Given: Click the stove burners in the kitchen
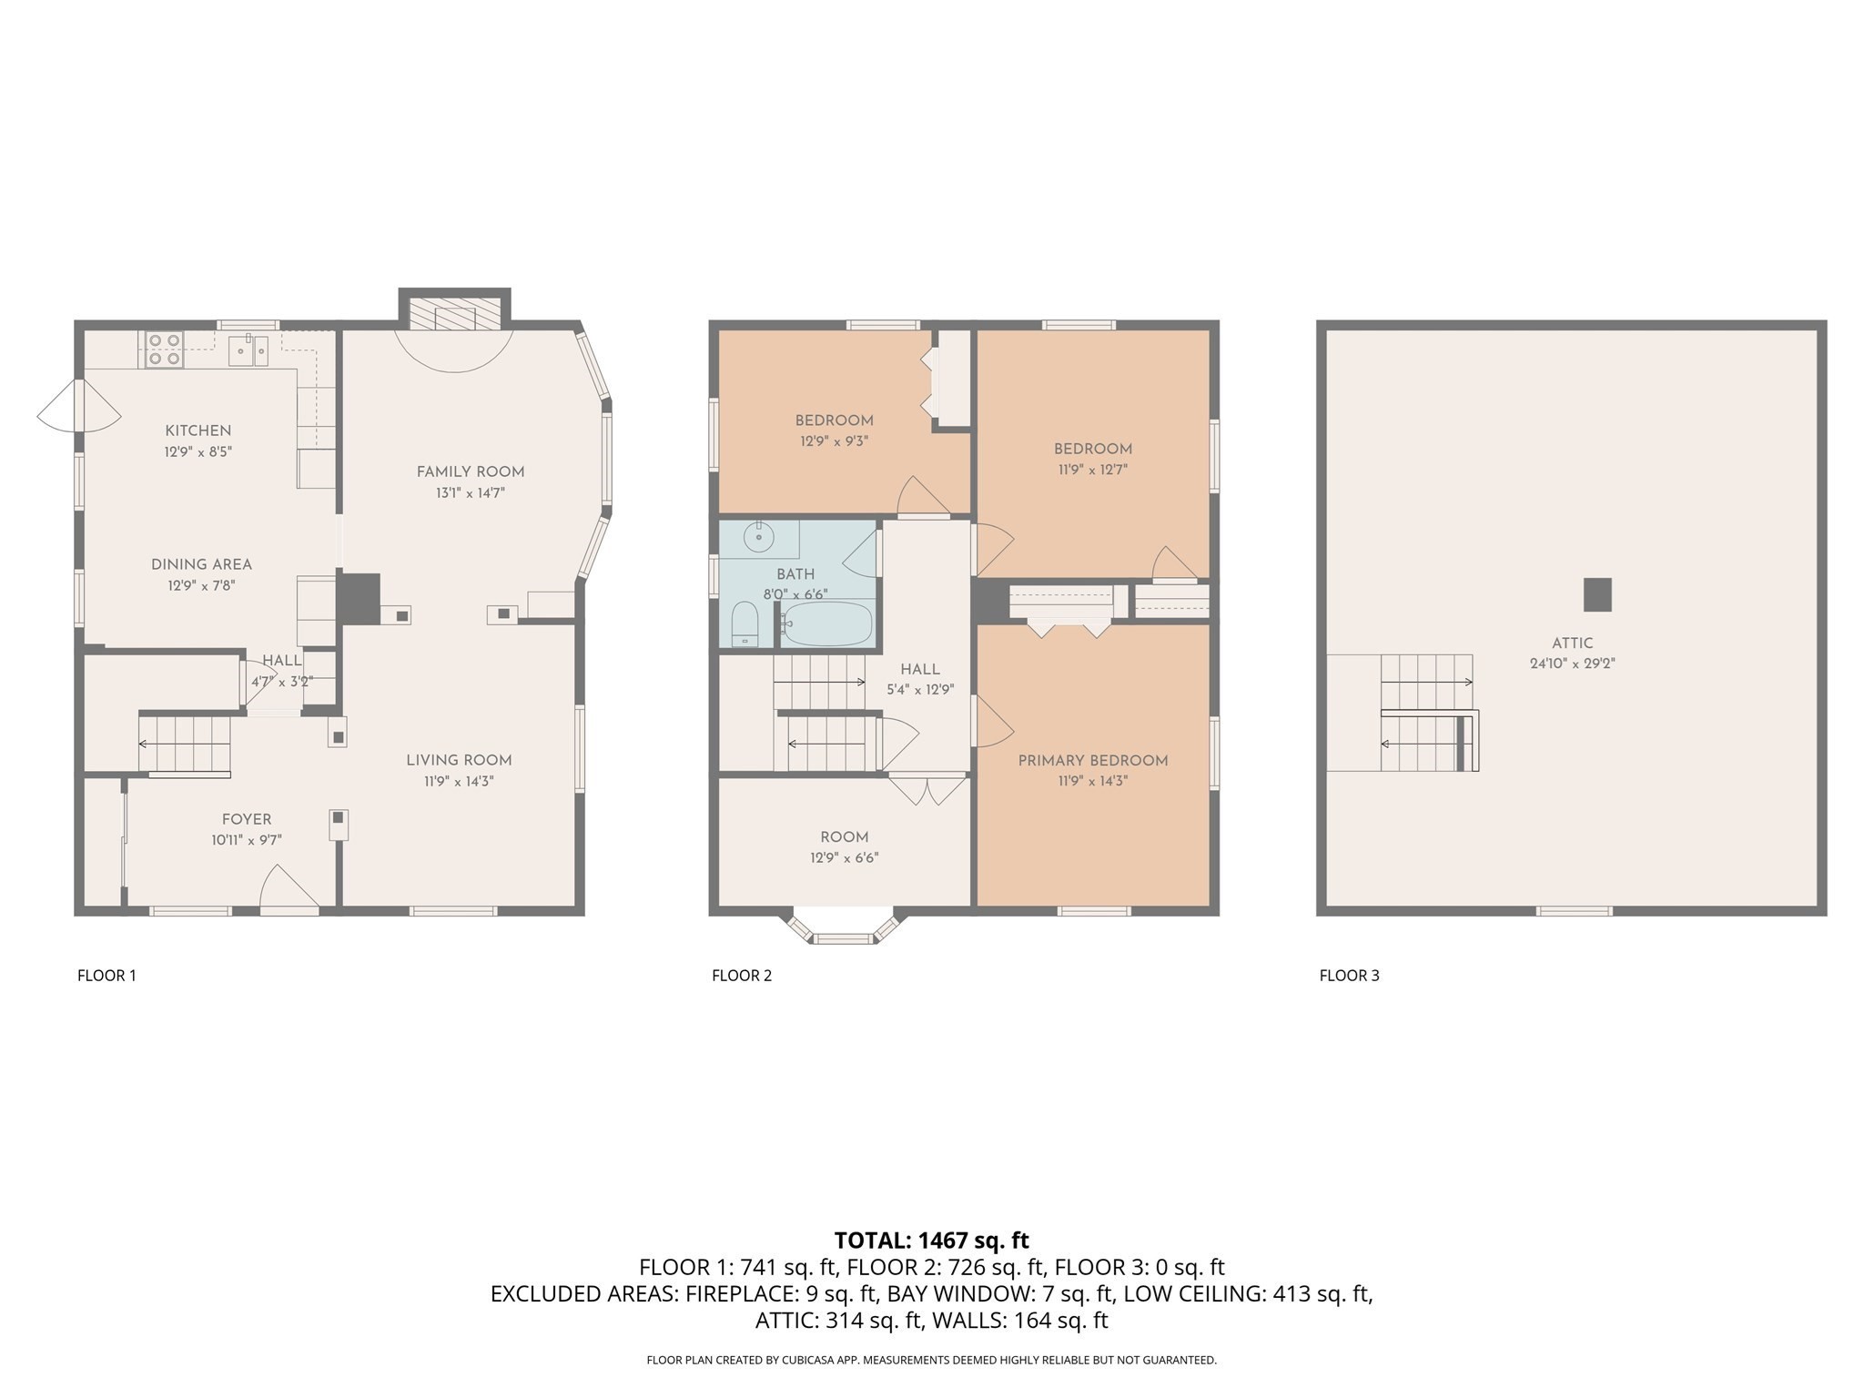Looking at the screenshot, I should [x=163, y=349].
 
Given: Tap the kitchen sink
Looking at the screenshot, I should [x=248, y=349].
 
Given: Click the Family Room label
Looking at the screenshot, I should [x=471, y=471].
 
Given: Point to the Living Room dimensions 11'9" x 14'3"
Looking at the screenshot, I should [x=459, y=781].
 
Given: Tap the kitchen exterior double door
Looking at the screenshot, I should [x=78, y=406].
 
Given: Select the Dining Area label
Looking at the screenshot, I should [x=201, y=564].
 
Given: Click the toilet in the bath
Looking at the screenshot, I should [x=745, y=623].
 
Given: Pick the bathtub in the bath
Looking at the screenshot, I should [x=826, y=623].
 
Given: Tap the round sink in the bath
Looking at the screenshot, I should [x=758, y=538].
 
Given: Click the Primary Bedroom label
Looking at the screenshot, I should [x=1092, y=761].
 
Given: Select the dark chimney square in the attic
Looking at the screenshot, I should [x=1597, y=594].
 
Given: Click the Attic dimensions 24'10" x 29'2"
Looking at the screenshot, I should [x=1572, y=664].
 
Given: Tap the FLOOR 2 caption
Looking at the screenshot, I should [x=741, y=976].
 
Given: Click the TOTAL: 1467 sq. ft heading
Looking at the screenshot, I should [x=931, y=1241].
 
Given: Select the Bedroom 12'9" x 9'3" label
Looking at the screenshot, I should [x=834, y=420].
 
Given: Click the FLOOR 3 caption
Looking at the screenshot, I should [x=1349, y=976].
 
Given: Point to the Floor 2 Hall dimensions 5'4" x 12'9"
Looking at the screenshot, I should [x=919, y=690].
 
